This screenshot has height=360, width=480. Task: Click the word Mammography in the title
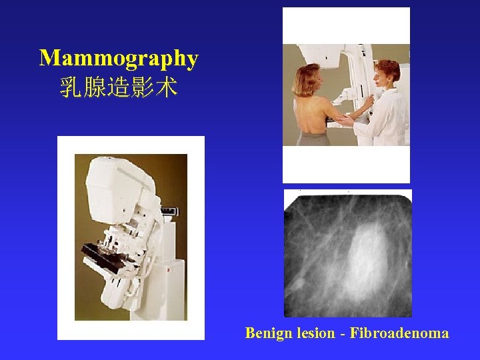coord(119,59)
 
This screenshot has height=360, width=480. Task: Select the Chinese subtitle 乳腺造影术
coord(119,87)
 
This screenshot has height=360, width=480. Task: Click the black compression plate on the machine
coord(100,253)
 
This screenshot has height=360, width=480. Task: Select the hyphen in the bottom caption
coord(343,333)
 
